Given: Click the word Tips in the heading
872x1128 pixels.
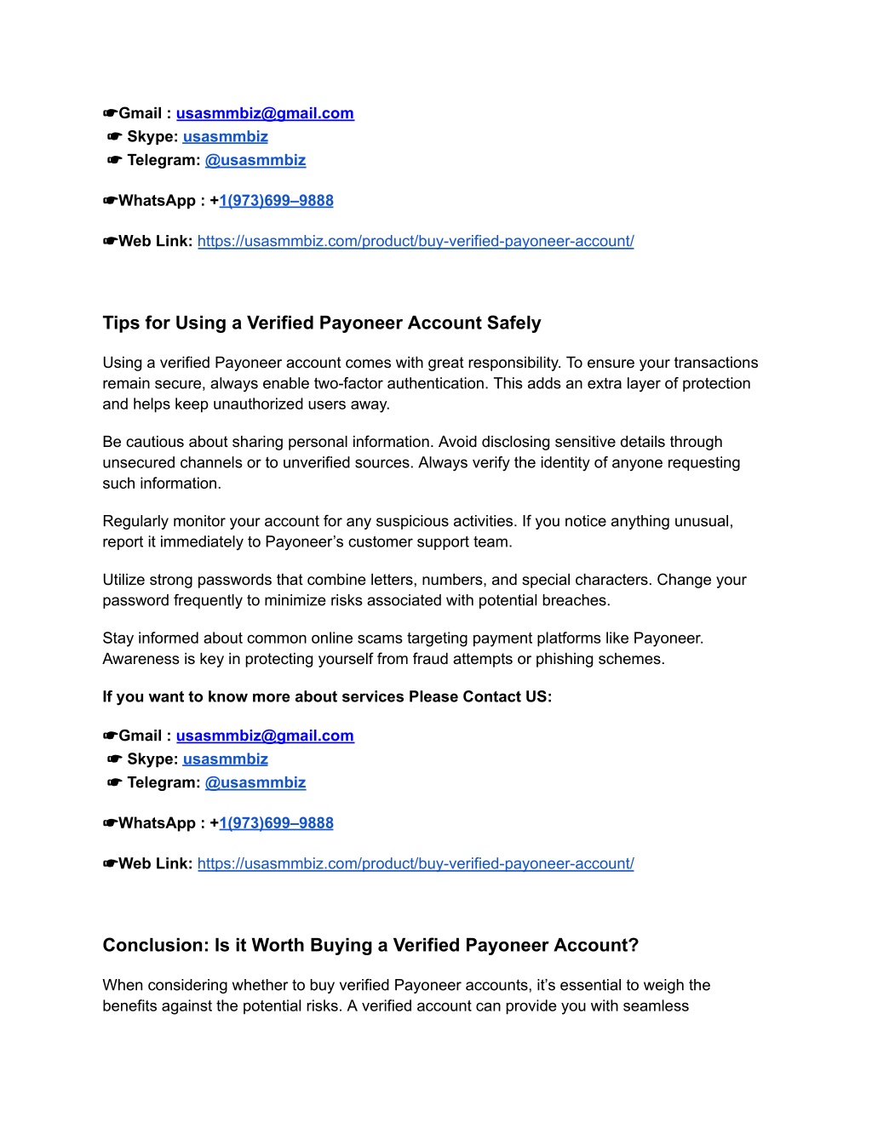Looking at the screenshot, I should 120,324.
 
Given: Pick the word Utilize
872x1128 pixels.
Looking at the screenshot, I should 125,581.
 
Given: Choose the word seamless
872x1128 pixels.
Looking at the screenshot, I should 657,1006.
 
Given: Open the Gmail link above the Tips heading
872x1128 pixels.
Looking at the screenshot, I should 265,114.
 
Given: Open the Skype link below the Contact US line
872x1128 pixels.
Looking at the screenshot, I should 225,759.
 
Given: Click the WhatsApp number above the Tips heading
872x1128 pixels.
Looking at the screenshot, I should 276,201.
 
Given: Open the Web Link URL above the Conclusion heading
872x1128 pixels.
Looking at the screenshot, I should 416,864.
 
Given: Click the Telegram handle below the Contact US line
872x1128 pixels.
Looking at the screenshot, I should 255,783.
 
